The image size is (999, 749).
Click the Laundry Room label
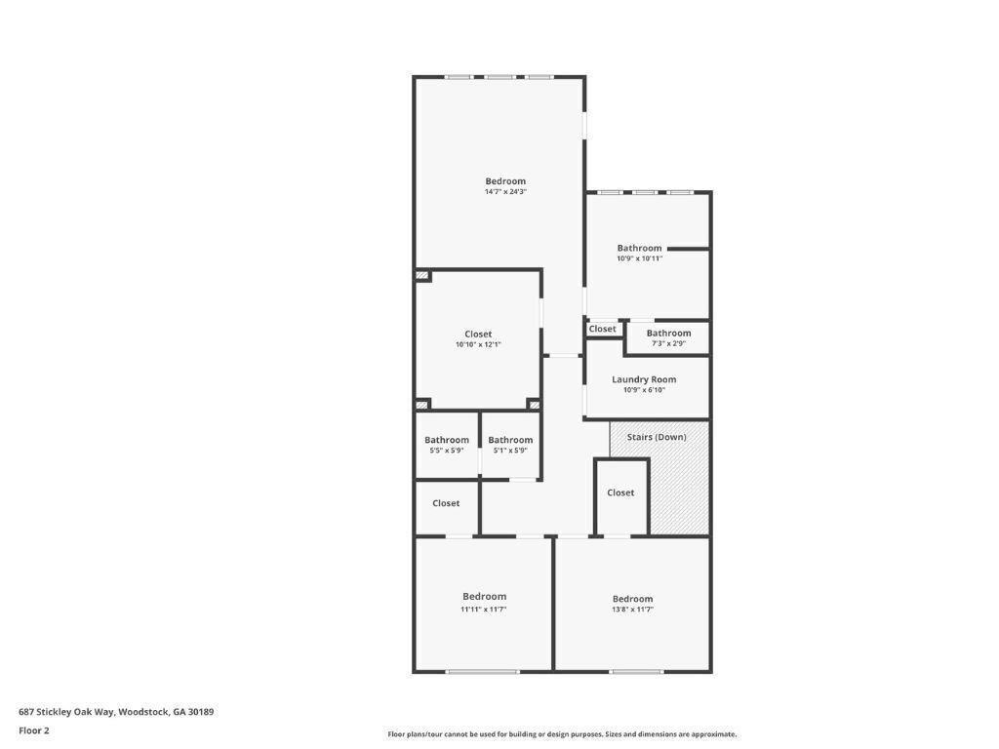coord(644,379)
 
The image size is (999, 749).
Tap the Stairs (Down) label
coord(657,437)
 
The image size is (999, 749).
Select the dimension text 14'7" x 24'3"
coord(505,192)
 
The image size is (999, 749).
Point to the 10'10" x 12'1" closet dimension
coord(478,344)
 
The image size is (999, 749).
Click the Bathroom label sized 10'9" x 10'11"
coord(639,248)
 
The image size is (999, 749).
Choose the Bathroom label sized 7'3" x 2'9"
coord(668,333)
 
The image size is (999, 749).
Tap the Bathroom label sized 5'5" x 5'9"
coord(447,440)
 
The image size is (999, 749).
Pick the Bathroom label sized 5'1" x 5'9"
coord(510,440)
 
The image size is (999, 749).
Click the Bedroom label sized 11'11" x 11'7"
coord(484,596)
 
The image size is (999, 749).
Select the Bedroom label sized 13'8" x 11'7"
coord(632,599)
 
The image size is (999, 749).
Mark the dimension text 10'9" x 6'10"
coord(644,390)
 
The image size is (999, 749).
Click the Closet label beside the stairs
coord(620,493)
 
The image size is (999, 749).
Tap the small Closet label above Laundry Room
coord(603,329)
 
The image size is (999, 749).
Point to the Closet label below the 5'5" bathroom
coord(446,503)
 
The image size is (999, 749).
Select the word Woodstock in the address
coord(143,712)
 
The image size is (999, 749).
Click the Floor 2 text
coord(34,730)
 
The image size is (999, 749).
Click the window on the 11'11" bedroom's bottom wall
coord(483,671)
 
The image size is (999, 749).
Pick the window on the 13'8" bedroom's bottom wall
coord(637,671)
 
